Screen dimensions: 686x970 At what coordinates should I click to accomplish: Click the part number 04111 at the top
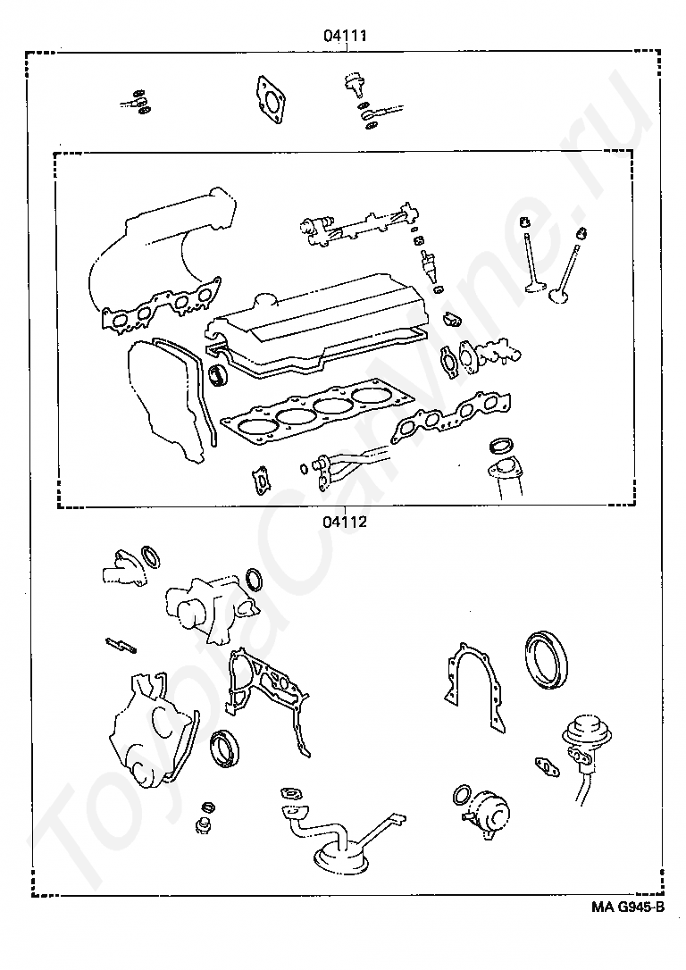345,36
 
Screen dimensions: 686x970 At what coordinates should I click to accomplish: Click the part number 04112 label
345,522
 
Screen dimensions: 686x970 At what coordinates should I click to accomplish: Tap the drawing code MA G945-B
627,907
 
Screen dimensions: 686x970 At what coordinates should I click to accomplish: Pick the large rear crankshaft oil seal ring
545,659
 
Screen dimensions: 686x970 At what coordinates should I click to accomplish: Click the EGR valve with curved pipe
584,755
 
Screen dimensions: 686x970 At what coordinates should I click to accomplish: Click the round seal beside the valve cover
218,375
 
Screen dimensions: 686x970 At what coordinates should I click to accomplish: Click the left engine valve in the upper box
530,254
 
